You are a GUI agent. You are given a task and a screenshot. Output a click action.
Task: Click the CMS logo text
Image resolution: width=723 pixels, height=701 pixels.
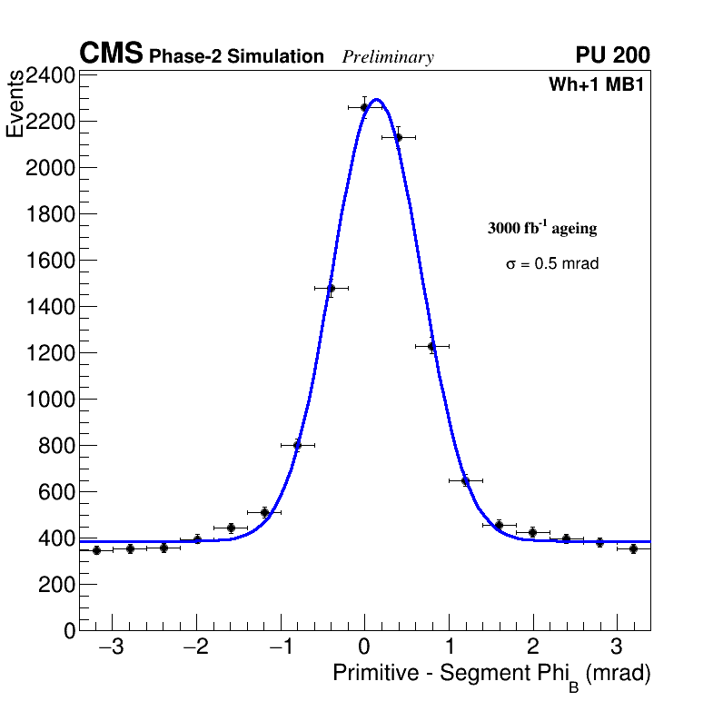click(111, 54)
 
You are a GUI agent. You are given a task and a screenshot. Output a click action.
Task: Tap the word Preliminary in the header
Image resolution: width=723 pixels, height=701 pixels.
click(388, 57)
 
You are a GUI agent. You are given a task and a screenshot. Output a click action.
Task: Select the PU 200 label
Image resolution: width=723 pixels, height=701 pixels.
click(613, 55)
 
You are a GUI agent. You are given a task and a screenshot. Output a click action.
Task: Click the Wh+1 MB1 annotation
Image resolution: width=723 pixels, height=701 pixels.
click(596, 85)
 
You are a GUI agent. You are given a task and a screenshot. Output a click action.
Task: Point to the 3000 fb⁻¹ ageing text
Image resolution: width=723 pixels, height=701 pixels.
click(542, 228)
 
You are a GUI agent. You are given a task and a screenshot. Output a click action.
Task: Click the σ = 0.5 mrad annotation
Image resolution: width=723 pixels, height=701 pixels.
click(552, 264)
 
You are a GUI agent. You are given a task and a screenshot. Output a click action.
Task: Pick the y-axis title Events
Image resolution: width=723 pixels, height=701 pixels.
click(15, 104)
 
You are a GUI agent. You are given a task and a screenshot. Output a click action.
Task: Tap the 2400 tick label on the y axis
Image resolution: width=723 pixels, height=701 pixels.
click(49, 75)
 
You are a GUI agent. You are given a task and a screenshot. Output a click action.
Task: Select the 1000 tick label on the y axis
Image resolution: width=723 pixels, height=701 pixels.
click(49, 400)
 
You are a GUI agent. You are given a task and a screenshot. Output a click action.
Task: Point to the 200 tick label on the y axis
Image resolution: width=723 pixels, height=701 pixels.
click(55, 585)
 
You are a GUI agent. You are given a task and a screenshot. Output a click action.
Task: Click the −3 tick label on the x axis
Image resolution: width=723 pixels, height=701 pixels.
click(111, 647)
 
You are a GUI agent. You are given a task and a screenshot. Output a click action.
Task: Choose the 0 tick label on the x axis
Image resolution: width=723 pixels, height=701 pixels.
click(364, 647)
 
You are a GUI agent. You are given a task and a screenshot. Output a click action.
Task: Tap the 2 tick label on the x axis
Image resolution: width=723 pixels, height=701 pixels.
click(532, 647)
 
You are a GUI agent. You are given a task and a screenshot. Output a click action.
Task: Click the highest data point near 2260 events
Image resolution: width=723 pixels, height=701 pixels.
click(364, 107)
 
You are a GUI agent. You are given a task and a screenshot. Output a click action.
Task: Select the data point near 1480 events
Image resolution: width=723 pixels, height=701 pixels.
click(331, 289)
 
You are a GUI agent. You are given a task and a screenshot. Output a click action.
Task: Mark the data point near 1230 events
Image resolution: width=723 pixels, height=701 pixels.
click(431, 346)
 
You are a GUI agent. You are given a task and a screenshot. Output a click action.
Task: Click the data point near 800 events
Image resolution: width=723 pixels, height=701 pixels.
click(297, 445)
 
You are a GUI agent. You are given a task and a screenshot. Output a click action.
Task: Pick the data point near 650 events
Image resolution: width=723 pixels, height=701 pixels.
click(465, 480)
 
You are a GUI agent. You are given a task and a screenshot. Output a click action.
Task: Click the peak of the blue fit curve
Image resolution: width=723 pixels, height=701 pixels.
click(376, 100)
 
